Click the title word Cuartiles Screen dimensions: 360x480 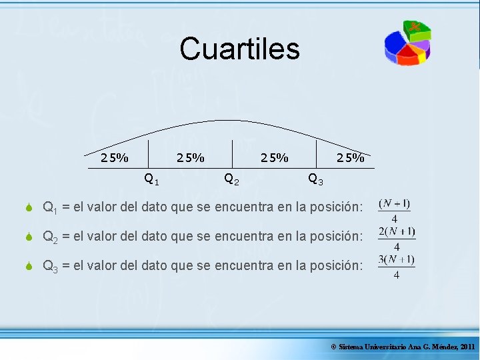tap(239, 49)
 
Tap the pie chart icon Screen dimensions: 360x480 tap(407, 43)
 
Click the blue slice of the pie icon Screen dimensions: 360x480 tap(394, 45)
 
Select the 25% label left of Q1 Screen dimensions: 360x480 tap(115, 158)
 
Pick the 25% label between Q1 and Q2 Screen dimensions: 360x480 tap(190, 158)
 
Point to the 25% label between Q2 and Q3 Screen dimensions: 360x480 tap(275, 158)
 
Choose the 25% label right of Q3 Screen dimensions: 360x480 tap(351, 158)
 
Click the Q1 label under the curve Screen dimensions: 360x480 tap(151, 179)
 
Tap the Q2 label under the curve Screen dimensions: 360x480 tap(233, 179)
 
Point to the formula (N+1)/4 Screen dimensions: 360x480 tap(394, 211)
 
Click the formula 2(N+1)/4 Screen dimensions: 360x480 tap(396, 238)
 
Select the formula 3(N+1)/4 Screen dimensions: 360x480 tap(396, 266)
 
